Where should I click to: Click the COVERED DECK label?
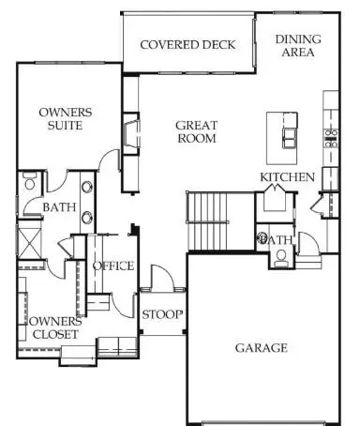(187, 45)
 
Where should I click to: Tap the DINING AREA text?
(298, 46)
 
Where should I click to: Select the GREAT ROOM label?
(197, 132)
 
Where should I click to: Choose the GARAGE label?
(261, 348)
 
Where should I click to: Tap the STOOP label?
(162, 314)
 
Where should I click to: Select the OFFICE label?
(112, 266)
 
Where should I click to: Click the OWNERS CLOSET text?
(46, 327)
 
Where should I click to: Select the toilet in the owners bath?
(27, 180)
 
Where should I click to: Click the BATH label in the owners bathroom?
(59, 207)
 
